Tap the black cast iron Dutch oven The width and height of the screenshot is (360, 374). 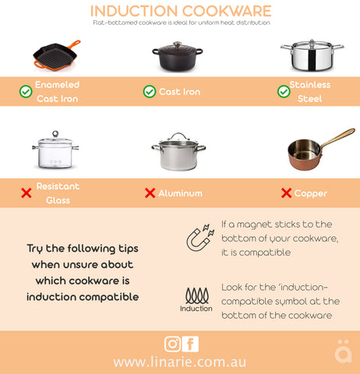[x=179, y=56]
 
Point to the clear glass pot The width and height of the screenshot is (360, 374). [x=55, y=151]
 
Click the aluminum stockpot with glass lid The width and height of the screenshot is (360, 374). [x=178, y=152]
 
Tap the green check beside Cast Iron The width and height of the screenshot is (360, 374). [x=149, y=92]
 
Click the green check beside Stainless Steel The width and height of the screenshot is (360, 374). [x=284, y=92]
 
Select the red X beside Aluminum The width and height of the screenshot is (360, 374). [x=150, y=193]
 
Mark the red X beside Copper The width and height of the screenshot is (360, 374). [x=287, y=193]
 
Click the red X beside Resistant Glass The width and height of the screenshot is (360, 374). [x=26, y=193]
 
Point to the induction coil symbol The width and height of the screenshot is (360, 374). [x=196, y=295]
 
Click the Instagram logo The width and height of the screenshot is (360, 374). [x=172, y=343]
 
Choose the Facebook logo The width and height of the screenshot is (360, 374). [x=190, y=343]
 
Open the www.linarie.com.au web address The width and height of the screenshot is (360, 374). [x=180, y=362]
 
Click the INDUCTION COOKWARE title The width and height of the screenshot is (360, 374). [x=180, y=11]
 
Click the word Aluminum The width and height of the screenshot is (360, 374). [x=181, y=193]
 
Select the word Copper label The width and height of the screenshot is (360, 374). [x=311, y=193]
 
